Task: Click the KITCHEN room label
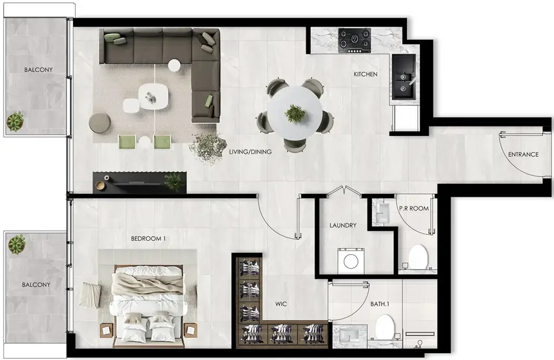click(366, 74)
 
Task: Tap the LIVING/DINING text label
click(250, 152)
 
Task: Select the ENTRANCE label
click(523, 155)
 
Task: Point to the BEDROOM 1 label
click(148, 239)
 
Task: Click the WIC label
click(281, 304)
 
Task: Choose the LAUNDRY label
click(343, 225)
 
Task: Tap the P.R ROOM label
click(414, 208)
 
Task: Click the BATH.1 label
click(380, 304)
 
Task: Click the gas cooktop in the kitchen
click(355, 41)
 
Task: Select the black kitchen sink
click(404, 77)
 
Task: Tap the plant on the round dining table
click(295, 113)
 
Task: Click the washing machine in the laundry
click(351, 261)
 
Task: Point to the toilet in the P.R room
click(418, 257)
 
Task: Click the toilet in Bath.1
click(385, 327)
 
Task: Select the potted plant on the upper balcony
click(15, 121)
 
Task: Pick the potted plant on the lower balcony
click(17, 244)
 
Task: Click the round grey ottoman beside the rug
click(100, 123)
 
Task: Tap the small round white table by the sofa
click(174, 65)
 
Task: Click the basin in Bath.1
click(350, 335)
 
